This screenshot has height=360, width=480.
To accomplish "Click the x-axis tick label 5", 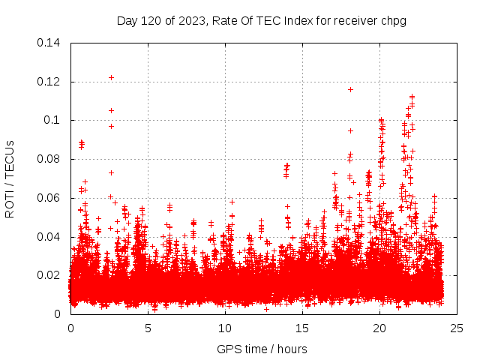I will [x=148, y=328].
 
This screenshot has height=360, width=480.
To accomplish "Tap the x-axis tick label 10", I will [x=225, y=328].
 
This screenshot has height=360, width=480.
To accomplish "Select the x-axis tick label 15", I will [x=302, y=328].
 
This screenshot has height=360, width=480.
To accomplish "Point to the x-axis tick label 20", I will [x=380, y=328].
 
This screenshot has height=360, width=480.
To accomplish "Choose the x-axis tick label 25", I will [x=457, y=328].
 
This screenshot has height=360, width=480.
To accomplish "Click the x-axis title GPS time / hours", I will [x=262, y=349].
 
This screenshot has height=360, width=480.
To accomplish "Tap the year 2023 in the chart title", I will [x=192, y=21].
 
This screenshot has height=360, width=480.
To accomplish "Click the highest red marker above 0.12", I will [x=111, y=77].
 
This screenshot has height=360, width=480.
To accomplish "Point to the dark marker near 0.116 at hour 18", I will [x=350, y=89].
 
